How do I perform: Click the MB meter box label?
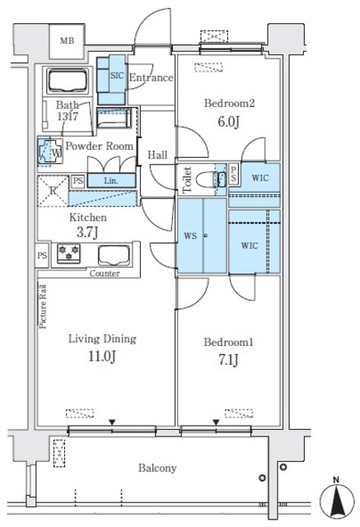[x=67, y=41]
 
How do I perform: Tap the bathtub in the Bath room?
[x=68, y=81]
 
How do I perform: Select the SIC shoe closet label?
[x=117, y=75]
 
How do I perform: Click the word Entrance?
[x=152, y=77]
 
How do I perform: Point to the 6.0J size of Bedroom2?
[x=228, y=122]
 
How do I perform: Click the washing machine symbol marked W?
[x=50, y=152]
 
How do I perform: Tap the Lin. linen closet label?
[x=111, y=181]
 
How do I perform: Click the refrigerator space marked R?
[x=53, y=190]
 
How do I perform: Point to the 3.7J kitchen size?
[x=87, y=232]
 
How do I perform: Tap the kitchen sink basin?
[x=114, y=255]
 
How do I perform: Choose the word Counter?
[x=105, y=273]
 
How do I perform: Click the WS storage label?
[x=190, y=236]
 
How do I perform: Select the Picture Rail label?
[x=43, y=306]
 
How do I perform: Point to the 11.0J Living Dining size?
[x=102, y=357]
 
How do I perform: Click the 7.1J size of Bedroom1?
[x=228, y=360]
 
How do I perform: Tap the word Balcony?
[x=157, y=469]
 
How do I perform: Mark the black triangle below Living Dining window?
[x=112, y=422]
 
